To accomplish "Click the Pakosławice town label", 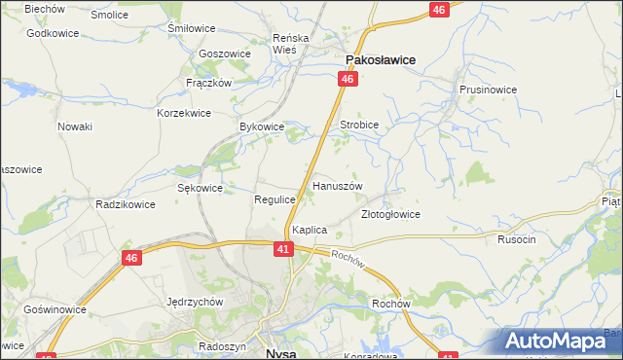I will [x=379, y=59].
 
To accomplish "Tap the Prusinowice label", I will [x=488, y=89].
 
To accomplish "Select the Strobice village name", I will [x=358, y=126].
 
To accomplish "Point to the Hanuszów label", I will [x=337, y=185].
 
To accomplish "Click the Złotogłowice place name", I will [x=389, y=214].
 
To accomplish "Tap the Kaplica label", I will [x=309, y=230].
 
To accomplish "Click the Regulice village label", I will [x=275, y=199].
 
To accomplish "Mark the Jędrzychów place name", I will [x=196, y=302].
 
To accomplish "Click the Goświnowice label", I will [x=55, y=309].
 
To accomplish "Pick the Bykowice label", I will [x=261, y=127].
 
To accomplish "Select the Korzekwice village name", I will [x=184, y=113].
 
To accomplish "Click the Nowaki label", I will [x=75, y=126].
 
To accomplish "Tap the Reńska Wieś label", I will [x=290, y=44].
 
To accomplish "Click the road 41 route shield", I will [x=282, y=250].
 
